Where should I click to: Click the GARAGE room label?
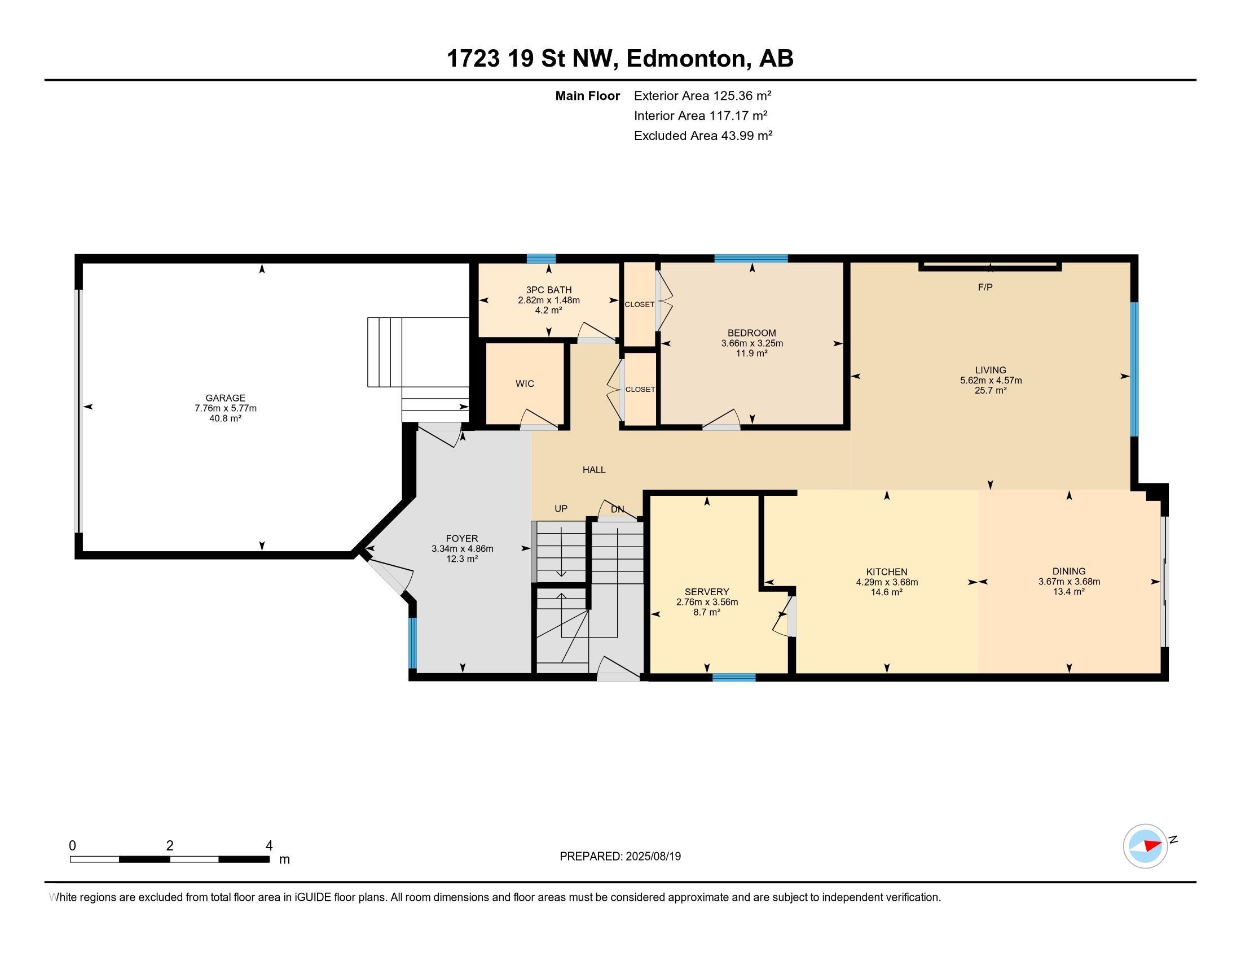coord(225,398)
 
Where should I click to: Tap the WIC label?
coord(525,384)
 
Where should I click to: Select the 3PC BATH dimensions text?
coord(548,300)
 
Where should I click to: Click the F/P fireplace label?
coord(985,288)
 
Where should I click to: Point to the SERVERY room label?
coord(706,592)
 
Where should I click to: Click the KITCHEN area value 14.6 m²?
coord(886,592)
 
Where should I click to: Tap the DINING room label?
coord(1068,571)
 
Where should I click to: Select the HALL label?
coord(594,470)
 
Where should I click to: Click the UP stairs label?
coord(561,508)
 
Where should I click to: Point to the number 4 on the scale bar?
coord(269,846)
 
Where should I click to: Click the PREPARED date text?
coord(620,857)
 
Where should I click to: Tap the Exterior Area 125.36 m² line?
coord(702,95)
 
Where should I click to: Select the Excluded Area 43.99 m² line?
coord(703,136)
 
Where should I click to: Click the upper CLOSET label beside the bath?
coord(639,305)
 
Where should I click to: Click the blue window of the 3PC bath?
coord(540,259)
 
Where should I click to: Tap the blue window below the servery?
coord(733,677)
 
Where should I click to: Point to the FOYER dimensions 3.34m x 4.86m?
coord(462,549)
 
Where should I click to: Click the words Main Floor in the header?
coord(587,95)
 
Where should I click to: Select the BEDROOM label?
coord(751,333)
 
